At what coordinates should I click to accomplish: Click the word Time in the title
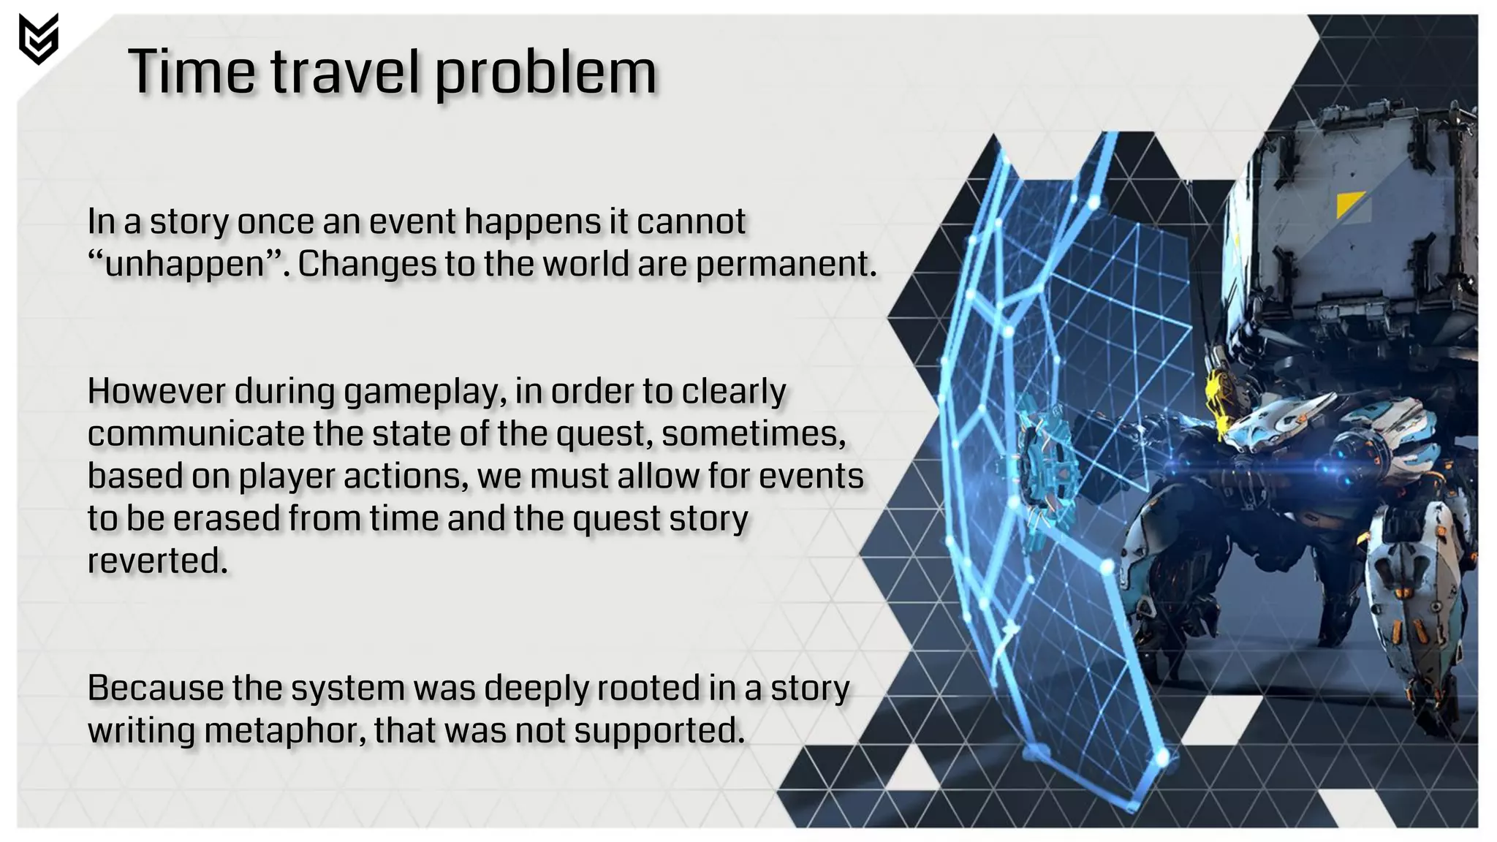tap(192, 72)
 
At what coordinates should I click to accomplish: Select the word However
tap(156, 391)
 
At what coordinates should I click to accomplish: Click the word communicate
tap(196, 433)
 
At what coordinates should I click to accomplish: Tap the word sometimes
tap(753, 433)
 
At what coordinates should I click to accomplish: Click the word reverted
tap(157, 561)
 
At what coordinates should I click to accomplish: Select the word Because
tap(155, 688)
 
